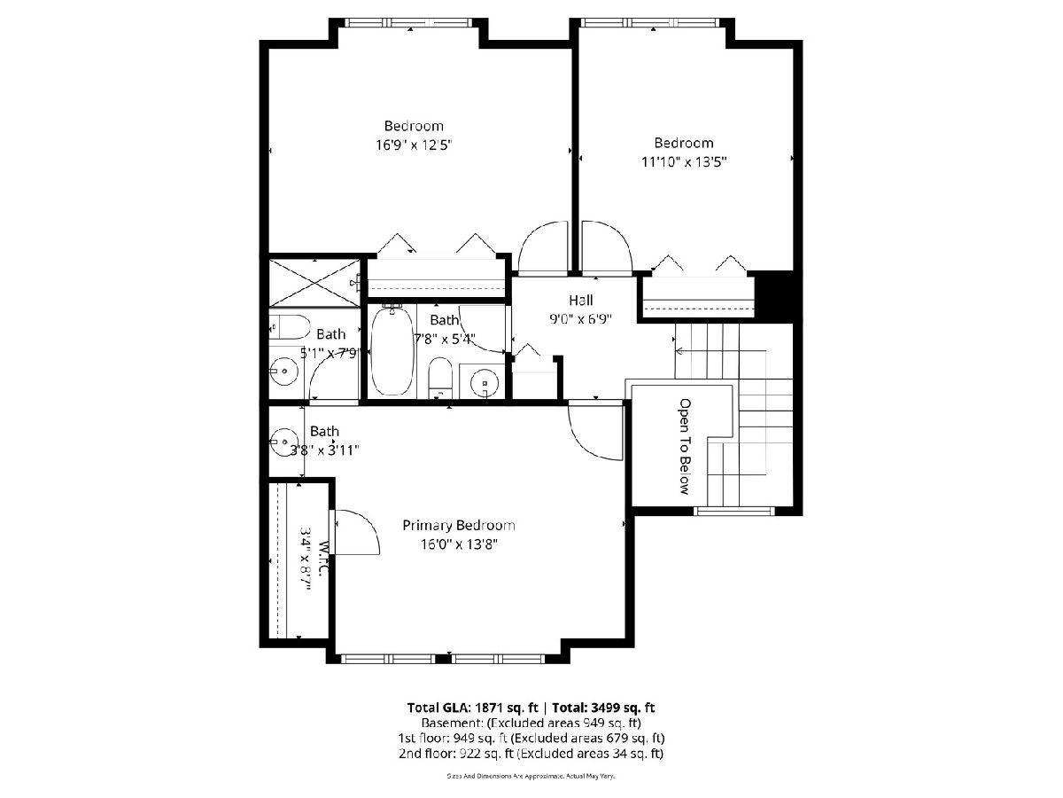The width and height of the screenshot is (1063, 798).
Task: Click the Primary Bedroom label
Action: click(458, 525)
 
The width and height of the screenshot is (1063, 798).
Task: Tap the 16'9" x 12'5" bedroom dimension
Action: click(414, 145)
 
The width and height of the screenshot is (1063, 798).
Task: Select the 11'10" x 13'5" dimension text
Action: click(684, 162)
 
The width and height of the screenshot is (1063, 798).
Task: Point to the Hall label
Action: click(580, 301)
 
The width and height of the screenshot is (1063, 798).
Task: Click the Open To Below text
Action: click(684, 446)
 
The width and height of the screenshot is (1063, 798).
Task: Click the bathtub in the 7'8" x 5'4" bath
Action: click(392, 352)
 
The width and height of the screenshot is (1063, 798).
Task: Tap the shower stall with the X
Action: click(314, 283)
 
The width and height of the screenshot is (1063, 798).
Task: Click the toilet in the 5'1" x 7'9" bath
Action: click(289, 327)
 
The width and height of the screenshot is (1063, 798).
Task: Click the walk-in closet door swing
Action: click(357, 532)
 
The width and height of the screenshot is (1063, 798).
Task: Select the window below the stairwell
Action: click(734, 511)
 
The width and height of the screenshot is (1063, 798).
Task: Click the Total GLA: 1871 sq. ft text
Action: click(473, 708)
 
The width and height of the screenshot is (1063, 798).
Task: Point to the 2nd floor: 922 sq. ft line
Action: click(531, 754)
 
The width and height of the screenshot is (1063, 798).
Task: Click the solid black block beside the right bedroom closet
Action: click(774, 295)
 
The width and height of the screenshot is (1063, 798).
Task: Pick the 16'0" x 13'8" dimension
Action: click(459, 544)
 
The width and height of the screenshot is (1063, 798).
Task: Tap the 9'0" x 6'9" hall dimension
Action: click(580, 319)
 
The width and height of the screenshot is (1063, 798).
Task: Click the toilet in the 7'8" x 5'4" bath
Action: click(440, 377)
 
